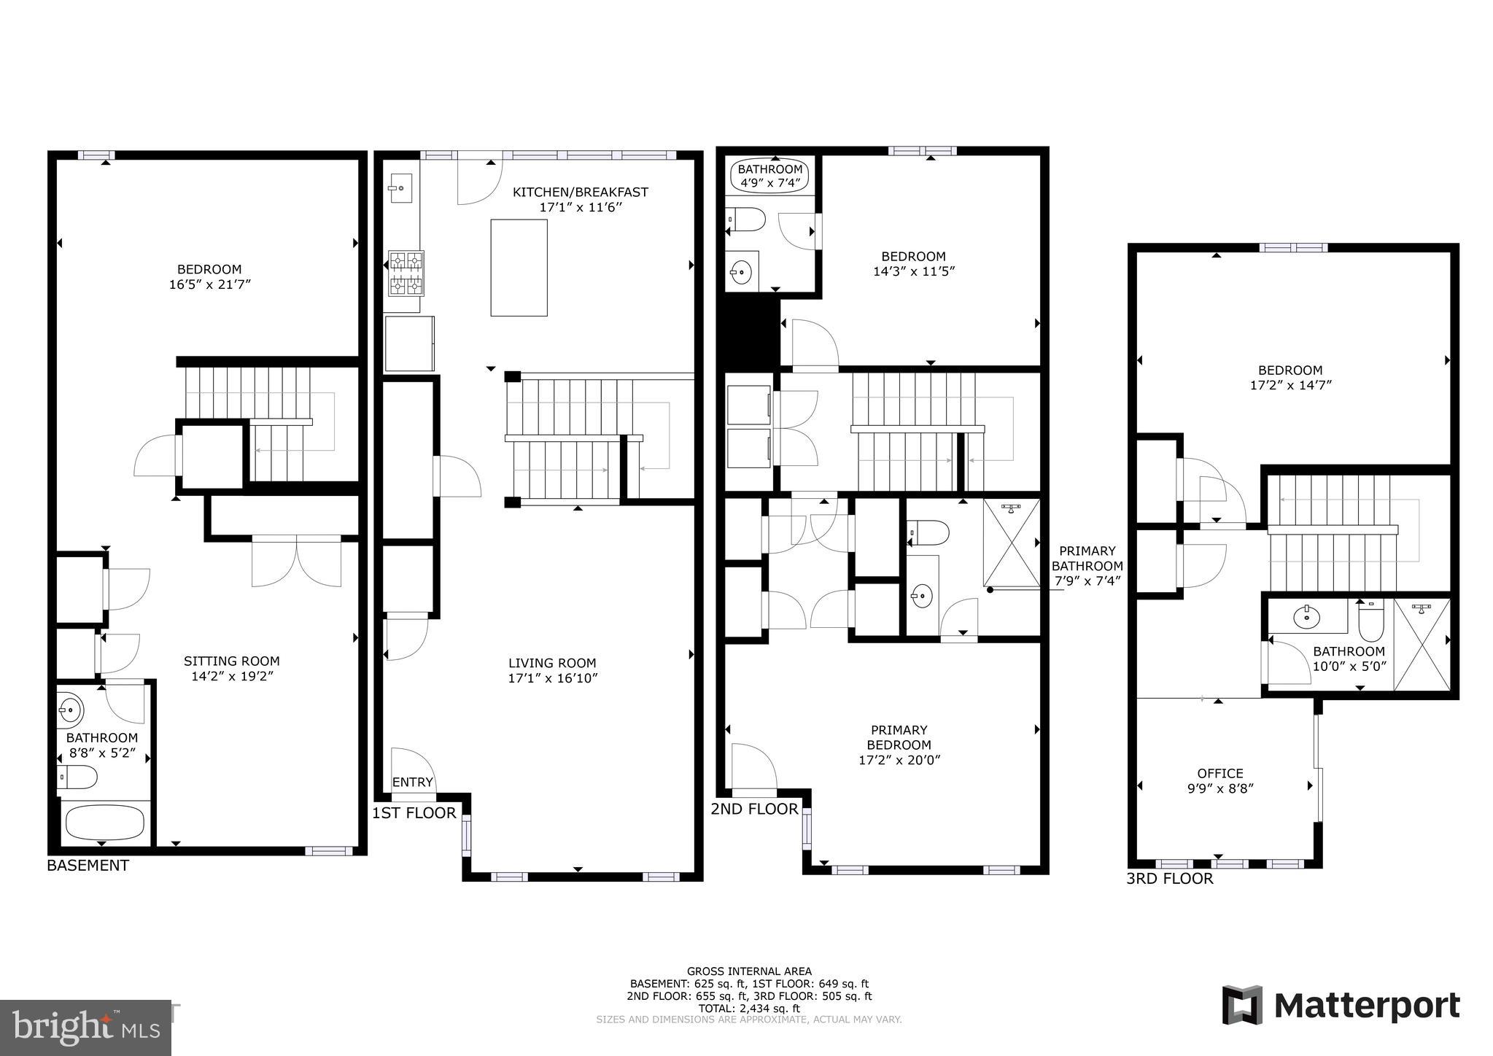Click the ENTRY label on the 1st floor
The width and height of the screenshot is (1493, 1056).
pyautogui.click(x=412, y=783)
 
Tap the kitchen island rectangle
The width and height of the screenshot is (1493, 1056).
pyautogui.click(x=519, y=268)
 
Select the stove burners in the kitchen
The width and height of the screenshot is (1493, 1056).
pyautogui.click(x=406, y=273)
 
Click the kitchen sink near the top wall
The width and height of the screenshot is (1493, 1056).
pyautogui.click(x=400, y=188)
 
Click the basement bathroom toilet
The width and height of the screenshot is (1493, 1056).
pyautogui.click(x=77, y=777)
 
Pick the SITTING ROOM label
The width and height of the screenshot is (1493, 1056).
pyautogui.click(x=231, y=661)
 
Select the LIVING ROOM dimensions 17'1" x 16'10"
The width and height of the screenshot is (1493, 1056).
pyautogui.click(x=553, y=678)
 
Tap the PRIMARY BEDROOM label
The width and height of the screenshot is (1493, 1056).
pyautogui.click(x=899, y=737)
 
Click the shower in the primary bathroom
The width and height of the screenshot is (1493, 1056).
pyautogui.click(x=1012, y=543)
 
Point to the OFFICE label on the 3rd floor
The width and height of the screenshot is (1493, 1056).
pyautogui.click(x=1219, y=773)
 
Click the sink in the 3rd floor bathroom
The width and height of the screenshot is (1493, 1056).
pyautogui.click(x=1306, y=618)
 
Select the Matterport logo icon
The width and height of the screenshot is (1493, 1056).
pyautogui.click(x=1242, y=1005)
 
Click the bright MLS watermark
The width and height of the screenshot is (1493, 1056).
pyautogui.click(x=86, y=1028)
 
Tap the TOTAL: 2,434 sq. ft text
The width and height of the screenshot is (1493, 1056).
pyautogui.click(x=748, y=1009)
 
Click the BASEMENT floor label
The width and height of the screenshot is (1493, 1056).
pyautogui.click(x=88, y=866)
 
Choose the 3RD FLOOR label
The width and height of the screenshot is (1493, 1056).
pyautogui.click(x=1169, y=879)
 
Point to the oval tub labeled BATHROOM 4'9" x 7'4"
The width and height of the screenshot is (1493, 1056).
pyautogui.click(x=769, y=176)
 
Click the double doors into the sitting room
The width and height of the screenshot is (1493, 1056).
pyautogui.click(x=296, y=562)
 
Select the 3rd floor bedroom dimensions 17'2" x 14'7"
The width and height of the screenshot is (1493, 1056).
pyautogui.click(x=1290, y=385)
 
